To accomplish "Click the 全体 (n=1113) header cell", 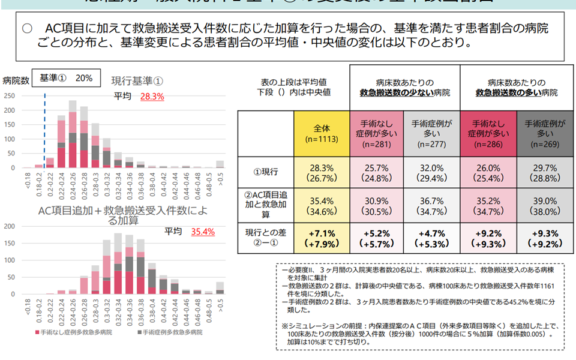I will tap(322, 133).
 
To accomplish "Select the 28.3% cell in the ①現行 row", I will tap(322, 172).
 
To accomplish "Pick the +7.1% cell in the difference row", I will tap(322, 238).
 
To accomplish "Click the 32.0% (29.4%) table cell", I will tap(432, 172).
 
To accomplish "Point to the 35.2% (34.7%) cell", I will tap(487, 206).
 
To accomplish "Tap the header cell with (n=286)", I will tap(487, 133).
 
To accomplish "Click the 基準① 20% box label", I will tap(66, 78).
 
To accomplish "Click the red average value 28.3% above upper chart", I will tap(152, 96).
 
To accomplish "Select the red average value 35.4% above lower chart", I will tap(202, 232).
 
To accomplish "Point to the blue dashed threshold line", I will tap(45, 132).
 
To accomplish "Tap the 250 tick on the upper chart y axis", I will tap(9, 95).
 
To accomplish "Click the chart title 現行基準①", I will tap(138, 79).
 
